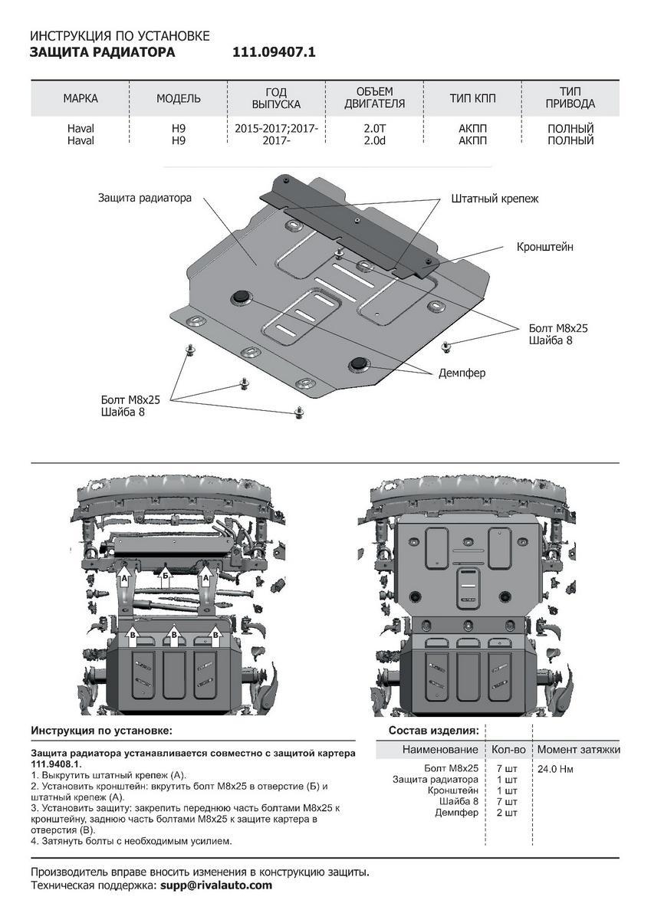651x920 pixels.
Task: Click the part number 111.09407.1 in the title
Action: [x=274, y=53]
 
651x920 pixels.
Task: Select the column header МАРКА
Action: [x=81, y=99]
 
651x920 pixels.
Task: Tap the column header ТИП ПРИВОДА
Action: [x=570, y=98]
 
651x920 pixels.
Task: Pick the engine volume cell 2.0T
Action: [x=374, y=129]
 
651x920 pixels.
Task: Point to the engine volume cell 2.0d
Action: [x=374, y=141]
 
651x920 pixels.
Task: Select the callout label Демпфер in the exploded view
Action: [x=462, y=373]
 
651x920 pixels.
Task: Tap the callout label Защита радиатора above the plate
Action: [x=144, y=198]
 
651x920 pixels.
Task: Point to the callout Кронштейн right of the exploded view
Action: [x=544, y=248]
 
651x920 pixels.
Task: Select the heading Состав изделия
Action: [x=433, y=730]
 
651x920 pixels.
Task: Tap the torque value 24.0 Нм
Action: [x=554, y=769]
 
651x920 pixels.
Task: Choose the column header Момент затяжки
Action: [x=578, y=749]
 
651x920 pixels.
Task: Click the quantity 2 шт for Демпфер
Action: [x=508, y=812]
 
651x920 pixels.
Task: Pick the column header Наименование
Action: [x=440, y=749]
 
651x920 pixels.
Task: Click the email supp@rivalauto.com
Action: [x=216, y=885]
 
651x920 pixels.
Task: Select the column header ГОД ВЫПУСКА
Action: [x=277, y=98]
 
